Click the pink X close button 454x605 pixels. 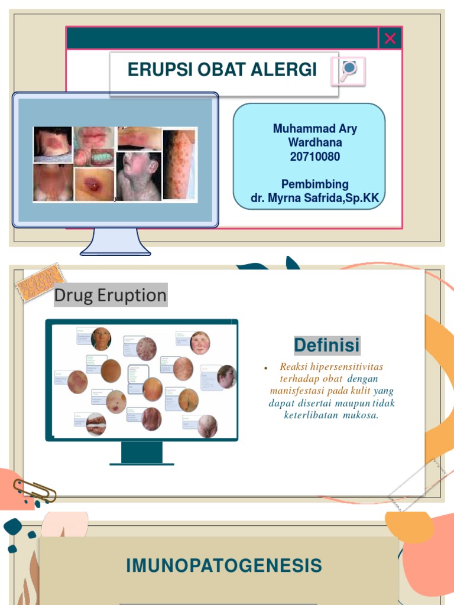390,38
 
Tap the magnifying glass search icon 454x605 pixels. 350,70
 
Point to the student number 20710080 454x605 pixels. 315,157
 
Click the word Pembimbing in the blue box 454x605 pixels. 315,184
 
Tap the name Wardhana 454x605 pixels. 315,142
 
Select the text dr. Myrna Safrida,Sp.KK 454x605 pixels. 315,198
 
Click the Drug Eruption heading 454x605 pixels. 111,295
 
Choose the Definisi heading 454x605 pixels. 327,344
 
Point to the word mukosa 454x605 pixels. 360,415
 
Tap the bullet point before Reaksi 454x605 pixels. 267,368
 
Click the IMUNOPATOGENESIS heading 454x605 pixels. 224,565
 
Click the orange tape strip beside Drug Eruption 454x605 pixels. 40,282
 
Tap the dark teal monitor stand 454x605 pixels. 142,454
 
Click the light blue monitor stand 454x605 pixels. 116,242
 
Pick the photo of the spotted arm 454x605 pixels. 180,165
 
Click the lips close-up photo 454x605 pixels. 94,136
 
